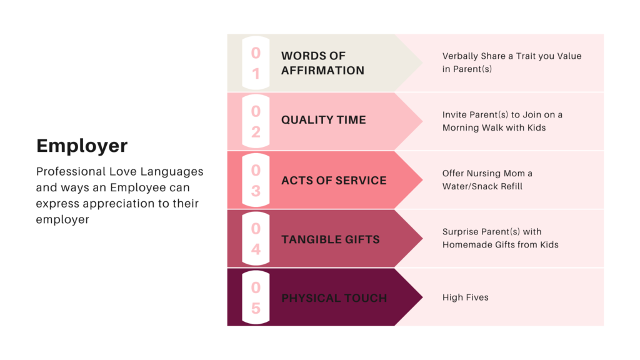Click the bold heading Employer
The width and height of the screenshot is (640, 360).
pyautogui.click(x=82, y=146)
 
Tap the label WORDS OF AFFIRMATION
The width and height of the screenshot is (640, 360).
pyautogui.click(x=323, y=63)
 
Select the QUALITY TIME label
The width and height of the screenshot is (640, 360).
pyautogui.click(x=324, y=120)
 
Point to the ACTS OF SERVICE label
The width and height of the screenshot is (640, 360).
pyautogui.click(x=334, y=181)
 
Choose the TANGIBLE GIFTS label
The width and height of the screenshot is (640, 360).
pyautogui.click(x=331, y=239)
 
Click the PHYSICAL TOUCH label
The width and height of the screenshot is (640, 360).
pyautogui.click(x=334, y=298)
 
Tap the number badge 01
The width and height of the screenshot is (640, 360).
pyautogui.click(x=256, y=63)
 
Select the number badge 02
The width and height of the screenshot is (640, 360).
pyautogui.click(x=256, y=121)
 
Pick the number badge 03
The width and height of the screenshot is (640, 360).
pyautogui.click(x=256, y=180)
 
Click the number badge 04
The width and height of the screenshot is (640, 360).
pyautogui.click(x=256, y=238)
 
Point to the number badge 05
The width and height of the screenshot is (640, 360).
pyautogui.click(x=256, y=297)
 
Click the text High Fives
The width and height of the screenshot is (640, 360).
pyautogui.click(x=465, y=297)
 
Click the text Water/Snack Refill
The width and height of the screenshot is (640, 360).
pyautogui.click(x=482, y=186)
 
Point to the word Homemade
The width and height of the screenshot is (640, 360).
pyautogui.click(x=467, y=245)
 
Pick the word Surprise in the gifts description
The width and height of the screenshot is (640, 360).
pyautogui.click(x=460, y=232)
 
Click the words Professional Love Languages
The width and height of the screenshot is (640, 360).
pyautogui.click(x=119, y=172)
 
